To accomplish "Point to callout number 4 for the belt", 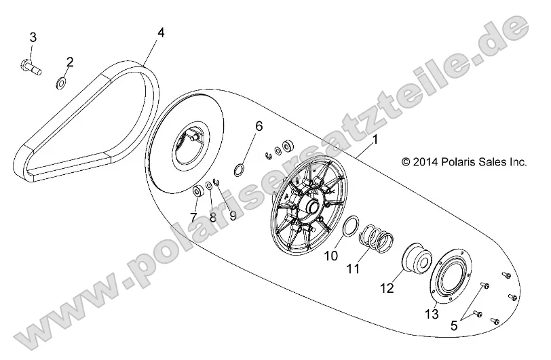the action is [160, 32].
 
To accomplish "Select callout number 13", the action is [432, 313].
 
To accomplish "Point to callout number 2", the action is [69, 62].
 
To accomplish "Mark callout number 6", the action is [259, 127].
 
